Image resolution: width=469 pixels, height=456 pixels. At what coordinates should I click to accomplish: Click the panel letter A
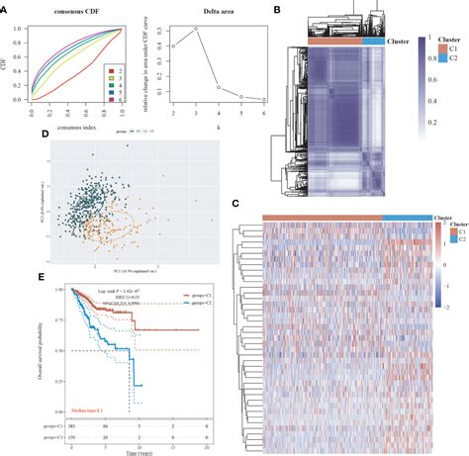click(x=5, y=7)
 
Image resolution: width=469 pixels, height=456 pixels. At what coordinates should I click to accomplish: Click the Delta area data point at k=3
click(x=197, y=29)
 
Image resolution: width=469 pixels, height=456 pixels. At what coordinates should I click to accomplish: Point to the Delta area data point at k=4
click(x=220, y=91)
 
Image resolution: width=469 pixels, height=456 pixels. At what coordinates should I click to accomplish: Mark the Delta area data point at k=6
click(x=264, y=100)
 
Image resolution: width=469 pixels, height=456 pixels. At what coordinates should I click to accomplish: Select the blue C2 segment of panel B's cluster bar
click(x=374, y=41)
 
